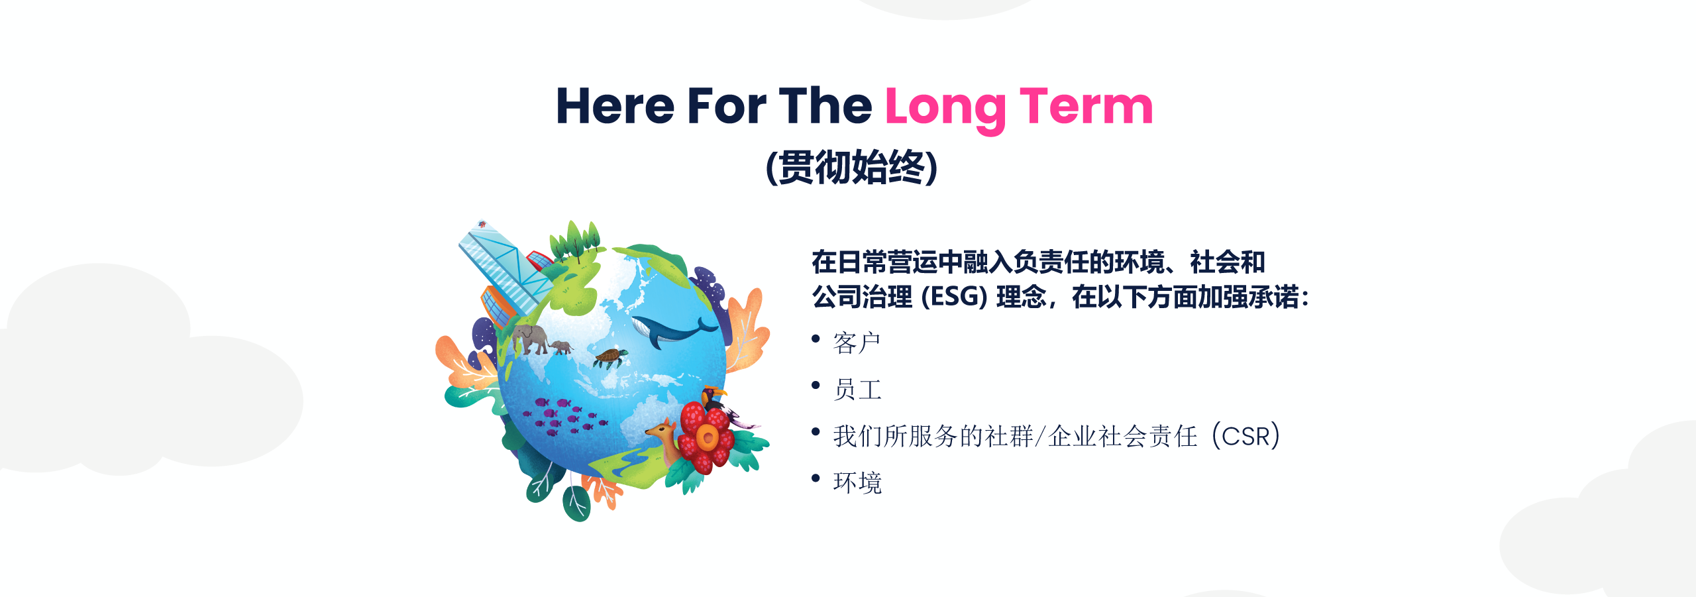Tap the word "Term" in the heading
pyautogui.click(x=1086, y=106)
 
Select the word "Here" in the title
pyautogui.click(x=615, y=106)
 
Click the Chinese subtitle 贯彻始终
pyautogui.click(x=851, y=167)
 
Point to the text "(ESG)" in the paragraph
pyautogui.click(x=954, y=297)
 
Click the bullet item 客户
pyautogui.click(x=857, y=343)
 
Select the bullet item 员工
pyautogui.click(x=857, y=390)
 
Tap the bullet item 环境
pyautogui.click(x=857, y=482)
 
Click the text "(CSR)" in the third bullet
pyautogui.click(x=1246, y=436)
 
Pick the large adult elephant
pyautogui.click(x=531, y=339)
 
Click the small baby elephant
pyautogui.click(x=561, y=347)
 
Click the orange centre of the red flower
pyautogui.click(x=707, y=437)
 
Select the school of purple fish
pyautogui.click(x=564, y=417)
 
